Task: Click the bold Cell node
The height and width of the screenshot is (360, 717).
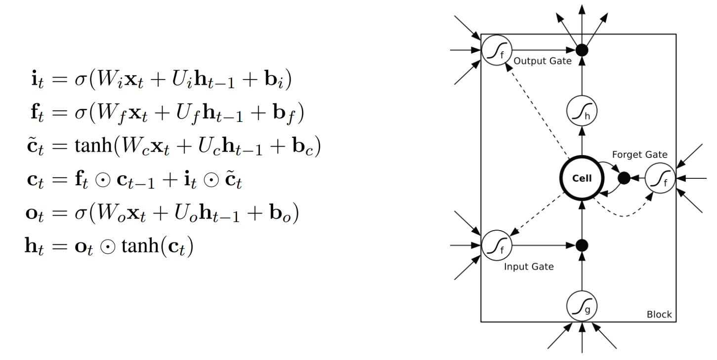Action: click(x=582, y=179)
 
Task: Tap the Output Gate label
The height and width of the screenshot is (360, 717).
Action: click(x=543, y=61)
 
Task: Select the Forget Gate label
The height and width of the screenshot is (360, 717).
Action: click(x=639, y=155)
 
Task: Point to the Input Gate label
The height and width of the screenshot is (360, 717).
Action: click(x=528, y=267)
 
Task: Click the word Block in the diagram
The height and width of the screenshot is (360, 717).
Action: click(x=659, y=315)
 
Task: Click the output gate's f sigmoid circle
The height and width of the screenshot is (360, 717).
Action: click(x=497, y=50)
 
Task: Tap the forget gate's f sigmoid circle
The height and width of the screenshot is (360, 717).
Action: click(x=660, y=178)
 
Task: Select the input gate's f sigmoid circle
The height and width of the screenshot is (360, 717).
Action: click(x=497, y=244)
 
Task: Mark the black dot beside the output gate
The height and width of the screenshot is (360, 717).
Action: click(x=582, y=50)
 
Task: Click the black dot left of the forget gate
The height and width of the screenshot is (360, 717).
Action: click(x=624, y=178)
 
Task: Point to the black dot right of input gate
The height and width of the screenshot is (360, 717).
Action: click(x=582, y=244)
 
